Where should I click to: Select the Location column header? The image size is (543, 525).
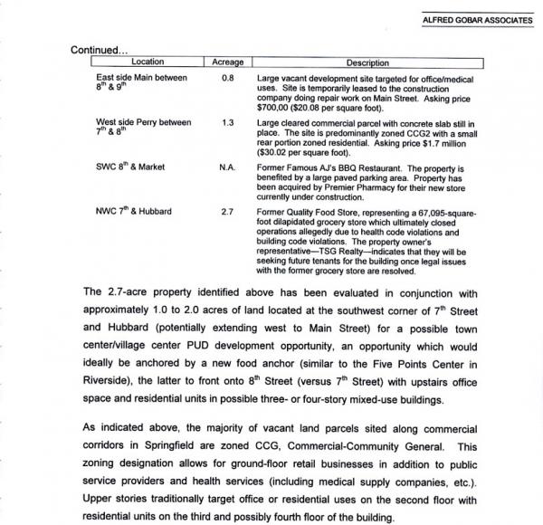tap(148, 62)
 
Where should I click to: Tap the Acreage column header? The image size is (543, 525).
tap(227, 62)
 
